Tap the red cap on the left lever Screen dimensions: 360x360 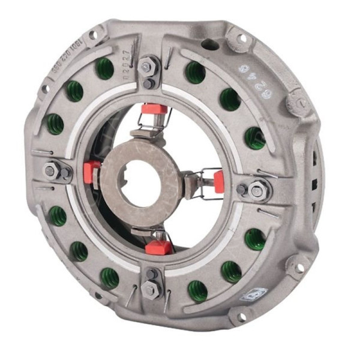(x=92, y=172)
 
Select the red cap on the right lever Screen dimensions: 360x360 (x=219, y=181)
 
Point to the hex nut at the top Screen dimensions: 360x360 (x=148, y=67)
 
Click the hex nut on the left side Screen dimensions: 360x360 (x=52, y=171)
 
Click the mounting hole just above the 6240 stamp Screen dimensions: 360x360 (x=242, y=38)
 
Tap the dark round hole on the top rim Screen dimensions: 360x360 (x=209, y=44)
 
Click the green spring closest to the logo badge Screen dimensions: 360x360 (x=231, y=271)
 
